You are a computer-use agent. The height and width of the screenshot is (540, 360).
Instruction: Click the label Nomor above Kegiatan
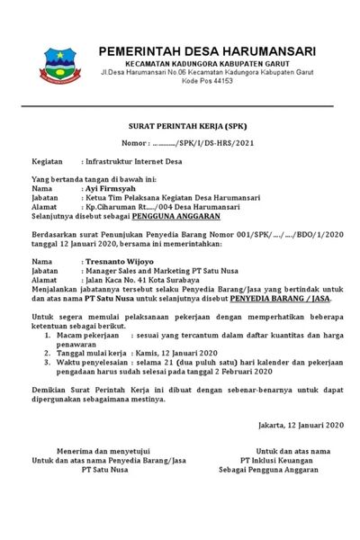[131, 143]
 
